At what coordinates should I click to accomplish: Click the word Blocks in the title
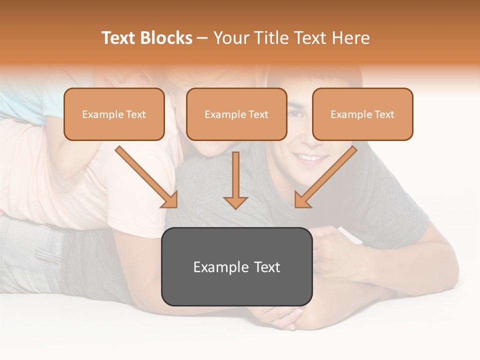166,38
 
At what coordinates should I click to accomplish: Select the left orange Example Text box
114,114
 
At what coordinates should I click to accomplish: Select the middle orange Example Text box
236,114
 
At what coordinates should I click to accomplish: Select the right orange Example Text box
362,114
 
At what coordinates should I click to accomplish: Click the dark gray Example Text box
236,266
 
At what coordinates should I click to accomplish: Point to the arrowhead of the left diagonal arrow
170,200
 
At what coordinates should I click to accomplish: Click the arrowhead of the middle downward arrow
235,202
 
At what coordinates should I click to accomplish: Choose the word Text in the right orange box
384,114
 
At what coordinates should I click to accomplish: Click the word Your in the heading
231,38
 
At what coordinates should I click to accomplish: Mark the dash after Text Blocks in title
202,38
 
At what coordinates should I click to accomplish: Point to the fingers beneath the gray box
285,317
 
